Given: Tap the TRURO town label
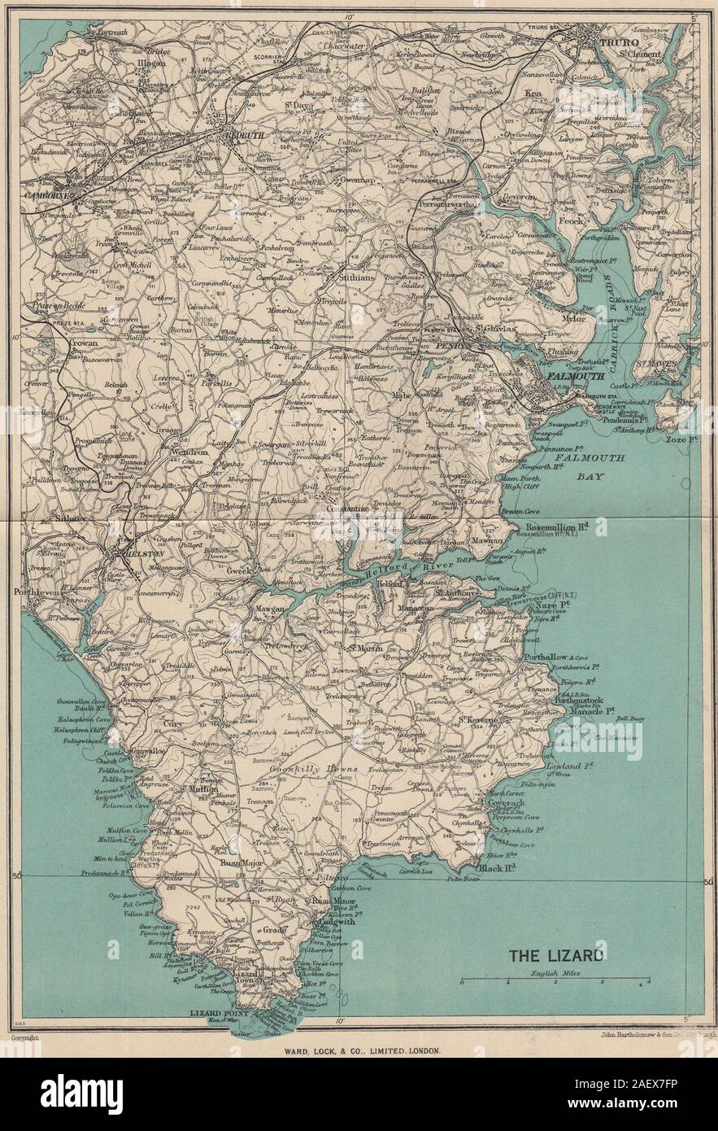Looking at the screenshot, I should click(x=616, y=41).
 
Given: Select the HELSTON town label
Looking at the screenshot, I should click(x=133, y=551).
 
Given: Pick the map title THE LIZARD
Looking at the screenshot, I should click(x=556, y=955).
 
